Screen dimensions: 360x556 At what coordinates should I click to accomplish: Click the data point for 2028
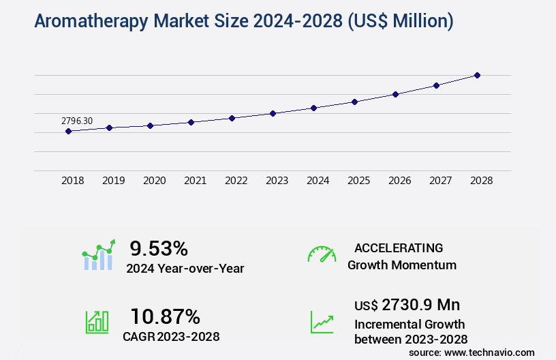click(x=477, y=75)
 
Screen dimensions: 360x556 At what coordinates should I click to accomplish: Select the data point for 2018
click(x=68, y=131)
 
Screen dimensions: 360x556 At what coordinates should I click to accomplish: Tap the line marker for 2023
click(x=273, y=113)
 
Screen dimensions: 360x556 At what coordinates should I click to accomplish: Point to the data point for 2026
click(x=395, y=94)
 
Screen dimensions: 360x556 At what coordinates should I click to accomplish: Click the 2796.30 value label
click(x=77, y=121)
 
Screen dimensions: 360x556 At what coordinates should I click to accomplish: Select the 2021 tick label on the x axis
click(x=195, y=181)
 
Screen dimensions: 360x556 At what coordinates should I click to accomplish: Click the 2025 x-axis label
click(x=358, y=181)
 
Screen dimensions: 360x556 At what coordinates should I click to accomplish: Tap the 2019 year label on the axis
click(x=113, y=181)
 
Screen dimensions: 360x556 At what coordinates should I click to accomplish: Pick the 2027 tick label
click(x=440, y=181)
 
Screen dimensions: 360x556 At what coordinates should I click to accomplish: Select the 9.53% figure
click(x=159, y=248)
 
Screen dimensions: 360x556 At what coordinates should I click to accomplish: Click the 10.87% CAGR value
click(x=166, y=316)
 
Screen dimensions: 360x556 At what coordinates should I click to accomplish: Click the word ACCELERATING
click(x=399, y=247)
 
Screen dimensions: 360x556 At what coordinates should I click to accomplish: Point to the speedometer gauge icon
click(x=322, y=254)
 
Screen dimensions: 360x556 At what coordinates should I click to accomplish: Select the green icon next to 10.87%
click(x=97, y=322)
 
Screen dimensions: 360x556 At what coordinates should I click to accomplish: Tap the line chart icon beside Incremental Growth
click(x=322, y=322)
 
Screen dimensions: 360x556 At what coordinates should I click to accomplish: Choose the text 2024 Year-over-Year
click(x=185, y=268)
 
